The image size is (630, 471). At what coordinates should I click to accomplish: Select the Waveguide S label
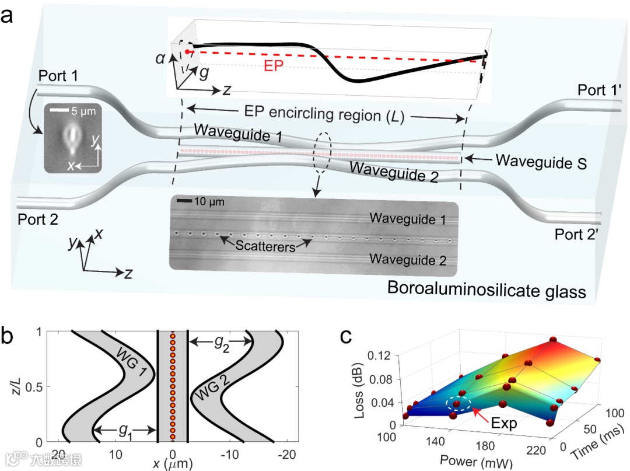pos(533,165)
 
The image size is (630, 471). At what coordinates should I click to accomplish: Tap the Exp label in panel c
pos(503,423)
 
